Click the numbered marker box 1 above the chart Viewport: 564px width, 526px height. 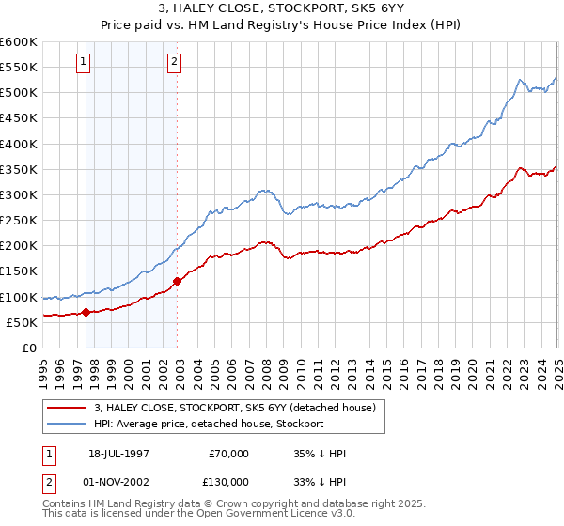tap(84, 63)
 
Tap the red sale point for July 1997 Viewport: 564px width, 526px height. tap(86, 312)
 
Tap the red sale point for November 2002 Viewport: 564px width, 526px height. tap(177, 281)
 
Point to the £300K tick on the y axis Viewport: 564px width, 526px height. tap(19, 194)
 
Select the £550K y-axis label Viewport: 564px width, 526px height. tap(19, 68)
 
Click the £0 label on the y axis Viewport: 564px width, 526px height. tap(28, 348)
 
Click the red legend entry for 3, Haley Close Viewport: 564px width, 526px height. tap(234, 407)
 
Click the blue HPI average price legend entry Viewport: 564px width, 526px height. tap(208, 424)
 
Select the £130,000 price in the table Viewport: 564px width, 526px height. tap(228, 483)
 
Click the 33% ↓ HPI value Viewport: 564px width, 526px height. tap(320, 483)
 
